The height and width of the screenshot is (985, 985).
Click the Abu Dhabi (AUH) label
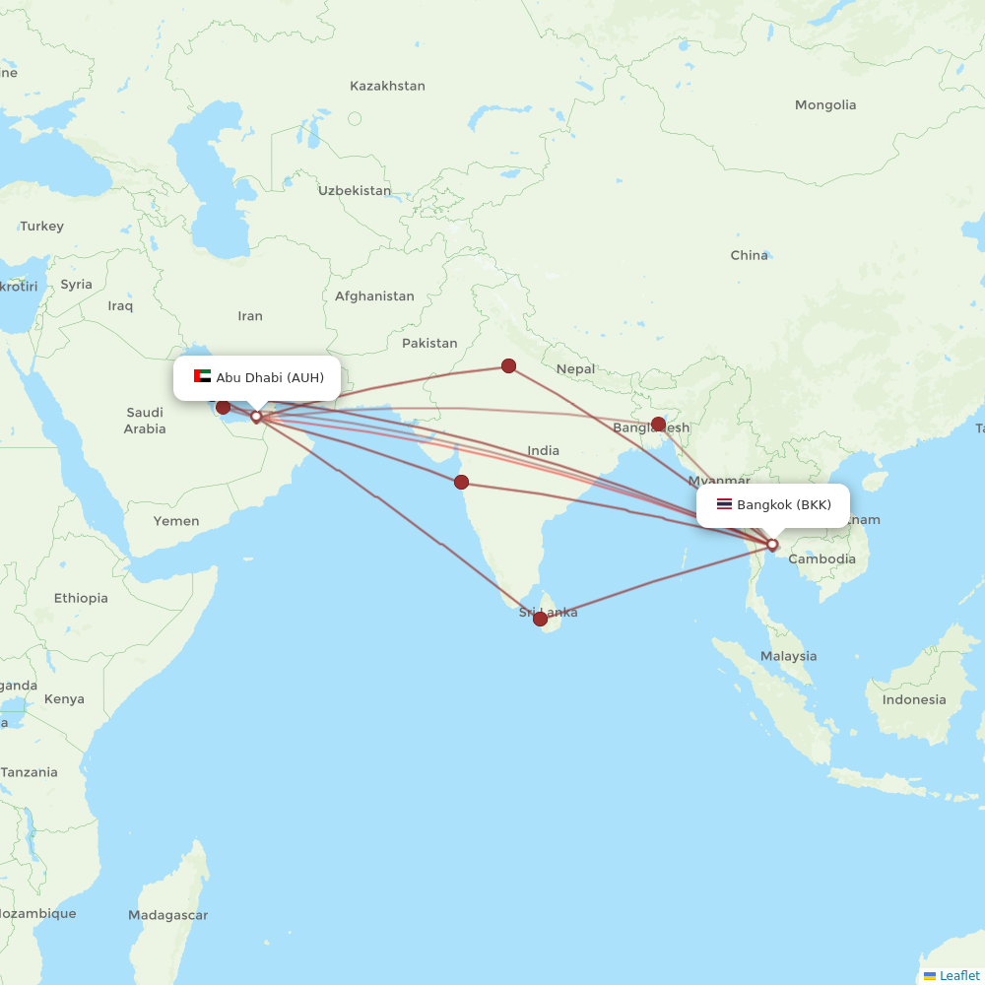(x=269, y=377)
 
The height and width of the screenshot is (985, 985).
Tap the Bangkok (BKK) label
(x=783, y=505)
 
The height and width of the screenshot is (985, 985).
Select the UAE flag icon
(x=203, y=376)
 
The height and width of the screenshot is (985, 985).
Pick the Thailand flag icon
(x=724, y=504)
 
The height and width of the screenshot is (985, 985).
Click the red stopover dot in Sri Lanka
(x=540, y=619)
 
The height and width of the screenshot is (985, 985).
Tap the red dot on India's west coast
(x=461, y=482)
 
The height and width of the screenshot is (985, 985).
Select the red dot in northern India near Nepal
(x=508, y=365)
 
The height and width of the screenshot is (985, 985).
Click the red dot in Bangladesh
(x=658, y=424)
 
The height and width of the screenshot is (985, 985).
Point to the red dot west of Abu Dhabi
(x=224, y=407)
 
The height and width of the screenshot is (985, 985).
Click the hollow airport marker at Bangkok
(x=772, y=544)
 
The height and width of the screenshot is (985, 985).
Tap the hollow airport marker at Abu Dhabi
(x=256, y=416)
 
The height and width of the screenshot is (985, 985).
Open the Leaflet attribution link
(x=958, y=975)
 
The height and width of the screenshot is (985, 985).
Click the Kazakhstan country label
(x=387, y=86)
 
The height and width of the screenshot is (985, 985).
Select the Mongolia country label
(x=825, y=105)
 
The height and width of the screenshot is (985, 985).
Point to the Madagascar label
(x=167, y=915)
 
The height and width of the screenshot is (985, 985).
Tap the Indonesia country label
(x=913, y=700)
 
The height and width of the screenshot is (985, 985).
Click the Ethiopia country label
(x=81, y=598)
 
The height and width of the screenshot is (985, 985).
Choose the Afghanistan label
(x=374, y=295)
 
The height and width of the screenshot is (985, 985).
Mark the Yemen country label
(x=175, y=521)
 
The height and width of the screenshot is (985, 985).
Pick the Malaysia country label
(x=788, y=656)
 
